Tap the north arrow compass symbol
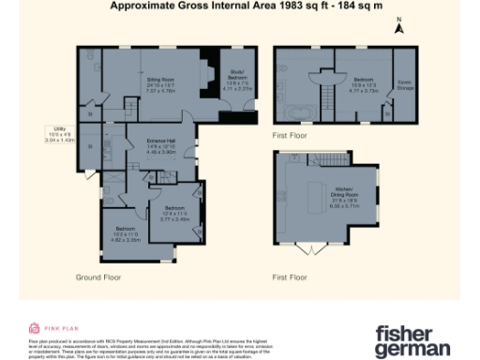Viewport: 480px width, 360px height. point(397,27)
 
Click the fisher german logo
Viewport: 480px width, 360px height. point(412,341)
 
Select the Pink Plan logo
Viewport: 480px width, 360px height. point(46,328)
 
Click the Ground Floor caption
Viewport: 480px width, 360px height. point(97,277)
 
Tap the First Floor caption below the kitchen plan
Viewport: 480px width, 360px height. point(291,277)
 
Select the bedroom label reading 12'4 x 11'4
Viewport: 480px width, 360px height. point(175,213)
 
